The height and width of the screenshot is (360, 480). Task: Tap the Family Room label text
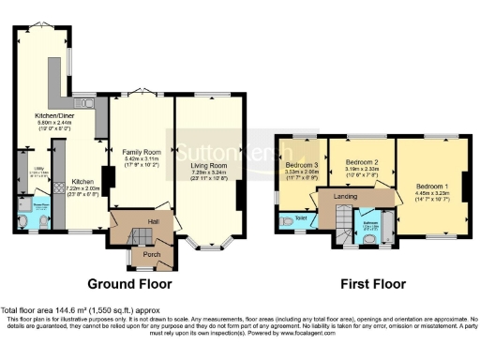[142, 150]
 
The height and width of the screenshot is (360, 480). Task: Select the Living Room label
[208, 162]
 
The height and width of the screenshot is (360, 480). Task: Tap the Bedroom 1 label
[432, 186]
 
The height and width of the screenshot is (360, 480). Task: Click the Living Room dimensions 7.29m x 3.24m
[208, 172]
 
